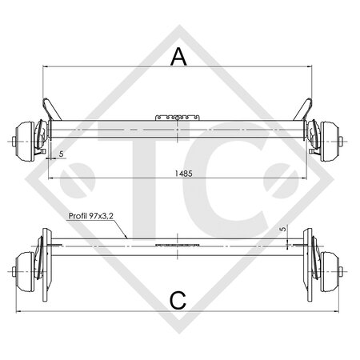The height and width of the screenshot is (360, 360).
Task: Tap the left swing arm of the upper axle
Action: click(50, 107)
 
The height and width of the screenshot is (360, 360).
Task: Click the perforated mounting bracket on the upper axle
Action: click(177, 117)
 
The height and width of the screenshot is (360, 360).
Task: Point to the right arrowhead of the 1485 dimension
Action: click(308, 178)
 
